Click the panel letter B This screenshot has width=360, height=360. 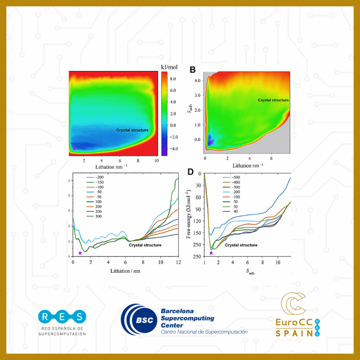[193, 70]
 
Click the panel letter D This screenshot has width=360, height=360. [191, 172]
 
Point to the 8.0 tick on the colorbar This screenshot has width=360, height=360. [174, 79]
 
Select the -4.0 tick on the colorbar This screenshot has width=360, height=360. [174, 149]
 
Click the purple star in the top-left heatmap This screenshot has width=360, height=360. [75, 148]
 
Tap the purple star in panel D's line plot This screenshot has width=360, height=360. [211, 253]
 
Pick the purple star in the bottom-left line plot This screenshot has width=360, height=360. [80, 253]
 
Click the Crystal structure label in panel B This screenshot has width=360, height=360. [273, 100]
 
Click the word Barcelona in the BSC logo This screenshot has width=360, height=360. [178, 311]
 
